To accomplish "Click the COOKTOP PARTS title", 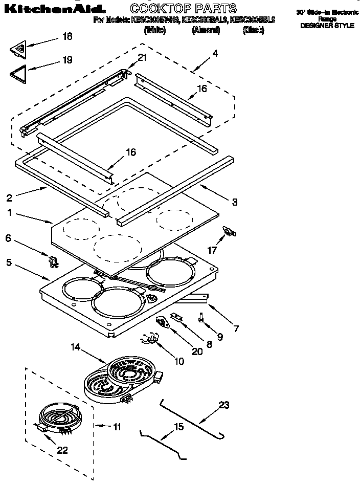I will (x=183, y=8).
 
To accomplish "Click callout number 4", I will (x=215, y=53).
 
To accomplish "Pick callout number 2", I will (x=9, y=198).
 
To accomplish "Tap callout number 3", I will (x=234, y=202).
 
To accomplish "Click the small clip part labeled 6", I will (x=53, y=261).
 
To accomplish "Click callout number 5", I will (x=9, y=262).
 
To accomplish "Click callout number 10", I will (x=179, y=361).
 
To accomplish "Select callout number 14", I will (x=76, y=347).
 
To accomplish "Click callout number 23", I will (x=224, y=405).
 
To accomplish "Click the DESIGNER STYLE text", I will (x=327, y=25).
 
